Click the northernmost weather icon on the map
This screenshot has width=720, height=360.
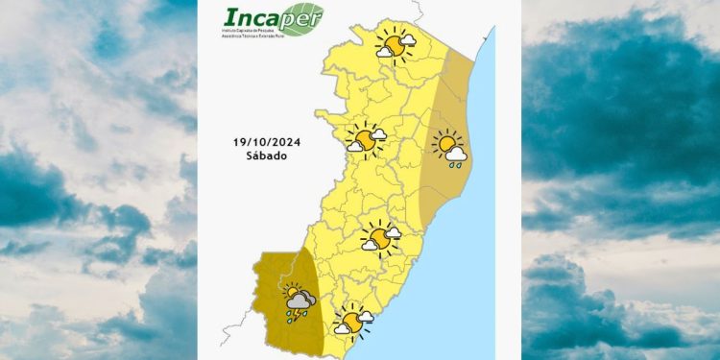pos(395,44)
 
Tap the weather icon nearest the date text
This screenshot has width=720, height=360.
pos(365,138)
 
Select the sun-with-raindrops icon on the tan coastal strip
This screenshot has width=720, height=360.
pos(449,149)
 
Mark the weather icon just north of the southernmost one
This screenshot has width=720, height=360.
pos(380,236)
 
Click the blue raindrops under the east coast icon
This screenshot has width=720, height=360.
pos(456,164)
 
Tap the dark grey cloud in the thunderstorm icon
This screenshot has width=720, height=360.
pos(302,300)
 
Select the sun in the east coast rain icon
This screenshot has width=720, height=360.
pos(445,144)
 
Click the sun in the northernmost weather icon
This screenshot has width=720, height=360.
pos(392,45)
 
